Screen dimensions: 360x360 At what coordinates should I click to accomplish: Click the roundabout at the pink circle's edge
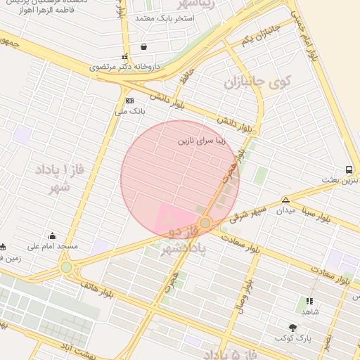click(x=205, y=223)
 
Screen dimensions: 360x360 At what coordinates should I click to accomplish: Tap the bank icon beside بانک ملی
click(x=129, y=101)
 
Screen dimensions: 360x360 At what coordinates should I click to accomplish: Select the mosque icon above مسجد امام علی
click(x=53, y=236)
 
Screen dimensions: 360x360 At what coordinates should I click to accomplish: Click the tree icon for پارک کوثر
click(x=292, y=328)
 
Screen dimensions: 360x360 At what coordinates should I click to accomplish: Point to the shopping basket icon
click(x=144, y=47)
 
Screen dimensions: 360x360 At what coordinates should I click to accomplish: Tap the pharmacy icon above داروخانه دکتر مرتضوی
click(x=124, y=57)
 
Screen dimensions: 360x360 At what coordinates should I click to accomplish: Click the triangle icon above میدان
click(x=285, y=200)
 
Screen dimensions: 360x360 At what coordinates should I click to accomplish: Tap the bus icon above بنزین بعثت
click(x=349, y=170)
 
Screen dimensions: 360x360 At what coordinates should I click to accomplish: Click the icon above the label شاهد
click(x=310, y=301)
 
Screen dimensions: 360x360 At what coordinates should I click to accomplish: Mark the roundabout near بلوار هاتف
click(x=66, y=267)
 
